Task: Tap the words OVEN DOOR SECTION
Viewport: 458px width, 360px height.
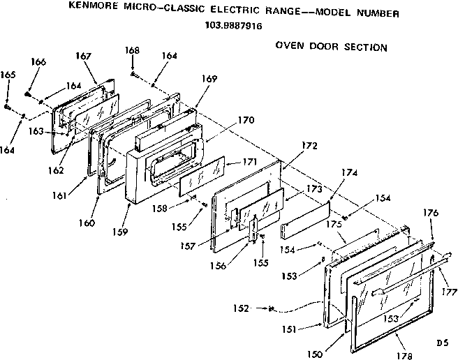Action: tap(331, 47)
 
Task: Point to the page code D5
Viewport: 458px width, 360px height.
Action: tap(441, 343)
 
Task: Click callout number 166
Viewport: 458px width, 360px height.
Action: tap(38, 62)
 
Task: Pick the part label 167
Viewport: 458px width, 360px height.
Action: tap(84, 56)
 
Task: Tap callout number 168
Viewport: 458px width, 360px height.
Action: tap(132, 51)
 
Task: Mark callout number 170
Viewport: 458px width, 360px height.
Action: tap(245, 119)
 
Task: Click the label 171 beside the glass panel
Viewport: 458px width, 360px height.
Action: tap(250, 162)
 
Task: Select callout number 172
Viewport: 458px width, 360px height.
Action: tap(309, 146)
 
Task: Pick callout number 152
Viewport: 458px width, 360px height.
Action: tap(241, 307)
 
